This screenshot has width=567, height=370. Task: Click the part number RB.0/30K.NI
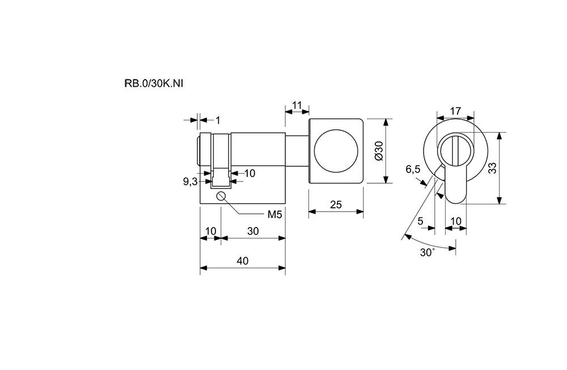click(x=154, y=83)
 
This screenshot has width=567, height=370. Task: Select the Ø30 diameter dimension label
click(x=379, y=151)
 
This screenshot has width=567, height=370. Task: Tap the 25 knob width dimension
click(x=335, y=205)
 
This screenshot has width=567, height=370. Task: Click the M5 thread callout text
click(x=275, y=215)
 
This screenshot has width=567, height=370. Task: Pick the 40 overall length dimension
click(x=243, y=261)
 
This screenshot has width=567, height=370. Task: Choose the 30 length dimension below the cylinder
click(x=253, y=231)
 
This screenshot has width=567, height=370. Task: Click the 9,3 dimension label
click(x=190, y=182)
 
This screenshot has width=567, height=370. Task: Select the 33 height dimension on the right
click(x=492, y=168)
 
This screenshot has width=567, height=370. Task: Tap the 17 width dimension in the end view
click(x=454, y=111)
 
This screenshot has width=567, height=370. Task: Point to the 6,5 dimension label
click(x=413, y=169)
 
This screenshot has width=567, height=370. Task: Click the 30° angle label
click(x=427, y=253)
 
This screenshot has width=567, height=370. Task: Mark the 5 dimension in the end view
click(x=421, y=221)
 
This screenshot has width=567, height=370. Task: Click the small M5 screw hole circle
click(x=221, y=196)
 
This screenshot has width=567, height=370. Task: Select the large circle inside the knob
click(x=335, y=150)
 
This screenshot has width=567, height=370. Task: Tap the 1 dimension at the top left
click(x=218, y=120)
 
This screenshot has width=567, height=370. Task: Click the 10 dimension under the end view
click(x=455, y=221)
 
